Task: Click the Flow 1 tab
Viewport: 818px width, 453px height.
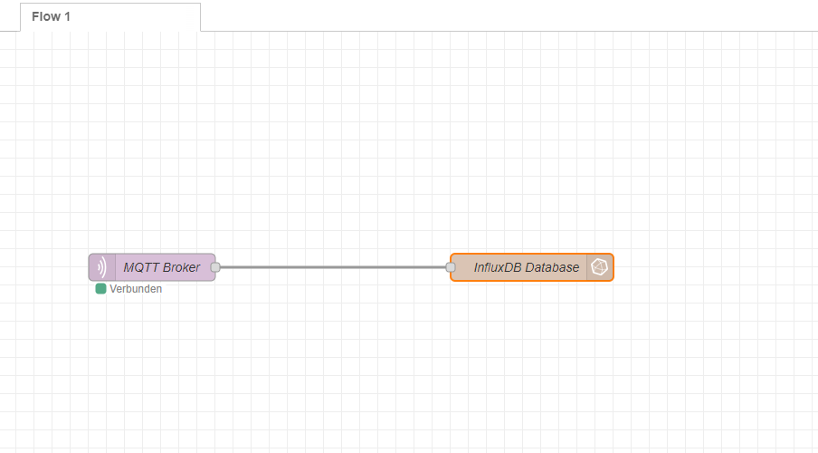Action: [x=110, y=16]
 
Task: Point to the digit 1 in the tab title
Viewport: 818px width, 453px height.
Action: [x=67, y=16]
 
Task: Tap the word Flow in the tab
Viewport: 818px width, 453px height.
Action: [x=46, y=16]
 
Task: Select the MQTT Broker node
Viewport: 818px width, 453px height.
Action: [x=152, y=267]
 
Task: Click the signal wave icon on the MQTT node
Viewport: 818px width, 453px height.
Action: [x=101, y=267]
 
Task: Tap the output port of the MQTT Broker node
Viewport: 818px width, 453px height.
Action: [x=215, y=267]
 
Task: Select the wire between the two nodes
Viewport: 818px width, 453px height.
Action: [x=333, y=267]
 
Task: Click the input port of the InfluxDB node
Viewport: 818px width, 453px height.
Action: [x=451, y=267]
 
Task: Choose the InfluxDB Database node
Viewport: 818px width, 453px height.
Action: [x=531, y=267]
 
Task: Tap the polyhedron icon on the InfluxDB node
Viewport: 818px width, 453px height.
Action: [x=599, y=267]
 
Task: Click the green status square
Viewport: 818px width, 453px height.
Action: [x=100, y=289]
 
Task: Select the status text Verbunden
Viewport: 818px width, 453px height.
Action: [x=136, y=289]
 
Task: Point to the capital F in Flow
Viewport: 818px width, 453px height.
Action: [x=35, y=16]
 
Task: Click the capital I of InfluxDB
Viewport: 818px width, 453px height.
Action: [x=476, y=267]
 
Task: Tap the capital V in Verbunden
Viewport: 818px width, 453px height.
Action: [x=113, y=289]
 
